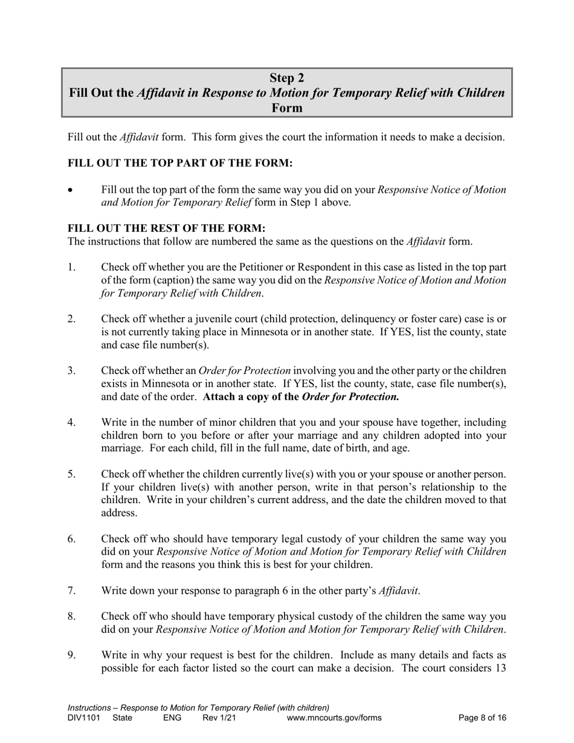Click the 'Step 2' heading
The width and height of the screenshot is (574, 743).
click(x=286, y=78)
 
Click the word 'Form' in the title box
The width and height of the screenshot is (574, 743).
click(x=286, y=108)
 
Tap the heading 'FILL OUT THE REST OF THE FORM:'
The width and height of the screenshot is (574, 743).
click(x=166, y=228)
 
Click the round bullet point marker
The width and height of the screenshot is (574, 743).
click(x=71, y=190)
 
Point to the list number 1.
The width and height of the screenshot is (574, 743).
click(x=71, y=267)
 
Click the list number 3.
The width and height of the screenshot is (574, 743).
click(x=72, y=371)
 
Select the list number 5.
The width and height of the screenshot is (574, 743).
click(x=72, y=475)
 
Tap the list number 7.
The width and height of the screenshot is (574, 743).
click(x=72, y=591)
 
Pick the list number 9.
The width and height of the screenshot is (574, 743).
click(x=72, y=655)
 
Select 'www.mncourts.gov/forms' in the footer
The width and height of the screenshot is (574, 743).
click(x=335, y=718)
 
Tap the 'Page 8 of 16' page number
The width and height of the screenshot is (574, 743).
click(x=482, y=718)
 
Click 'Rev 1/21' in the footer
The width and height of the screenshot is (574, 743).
click(x=219, y=718)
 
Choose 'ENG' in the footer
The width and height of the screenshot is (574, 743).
click(x=172, y=718)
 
